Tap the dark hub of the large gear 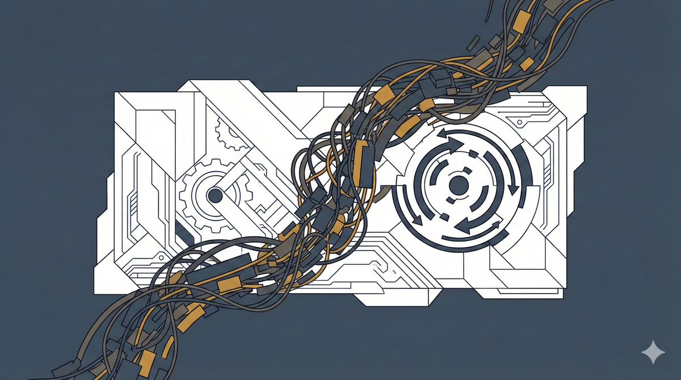(x=215, y=196)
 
